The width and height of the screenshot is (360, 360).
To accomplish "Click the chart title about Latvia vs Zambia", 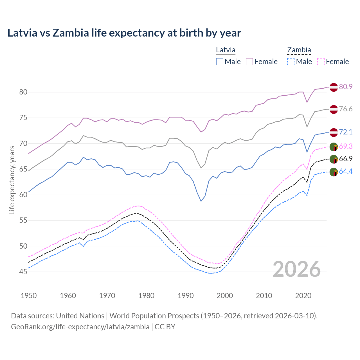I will (124, 33).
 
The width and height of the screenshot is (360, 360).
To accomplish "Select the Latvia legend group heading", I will (226, 50).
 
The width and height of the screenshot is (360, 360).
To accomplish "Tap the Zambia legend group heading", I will (299, 50).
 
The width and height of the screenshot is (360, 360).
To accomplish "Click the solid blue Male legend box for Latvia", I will (220, 62).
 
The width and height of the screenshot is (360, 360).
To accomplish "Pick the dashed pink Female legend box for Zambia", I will (321, 62).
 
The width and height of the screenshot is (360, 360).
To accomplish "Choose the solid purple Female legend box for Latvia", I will (249, 62).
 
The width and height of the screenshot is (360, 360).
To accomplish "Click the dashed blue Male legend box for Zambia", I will (291, 62).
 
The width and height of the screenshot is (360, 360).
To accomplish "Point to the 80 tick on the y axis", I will (23, 92).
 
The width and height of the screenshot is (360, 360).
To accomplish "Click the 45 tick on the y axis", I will (23, 272).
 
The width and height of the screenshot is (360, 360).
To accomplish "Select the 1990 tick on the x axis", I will (186, 296).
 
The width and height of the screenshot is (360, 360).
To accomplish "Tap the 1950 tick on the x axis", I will (29, 296).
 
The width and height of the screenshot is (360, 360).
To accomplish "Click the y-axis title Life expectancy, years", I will (12, 180).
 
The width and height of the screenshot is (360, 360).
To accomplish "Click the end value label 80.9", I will (346, 87).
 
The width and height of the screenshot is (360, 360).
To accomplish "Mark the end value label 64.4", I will (346, 171).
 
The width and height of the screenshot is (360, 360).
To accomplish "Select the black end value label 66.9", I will (346, 159).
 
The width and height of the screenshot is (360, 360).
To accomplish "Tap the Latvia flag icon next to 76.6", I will (334, 109).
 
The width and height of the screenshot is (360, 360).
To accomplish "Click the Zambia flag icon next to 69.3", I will (334, 147).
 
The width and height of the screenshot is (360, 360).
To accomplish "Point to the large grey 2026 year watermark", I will (297, 269).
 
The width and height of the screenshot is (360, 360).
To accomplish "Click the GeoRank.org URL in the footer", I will (80, 327).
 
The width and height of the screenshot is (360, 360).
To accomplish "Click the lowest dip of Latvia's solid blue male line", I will (201, 201).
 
